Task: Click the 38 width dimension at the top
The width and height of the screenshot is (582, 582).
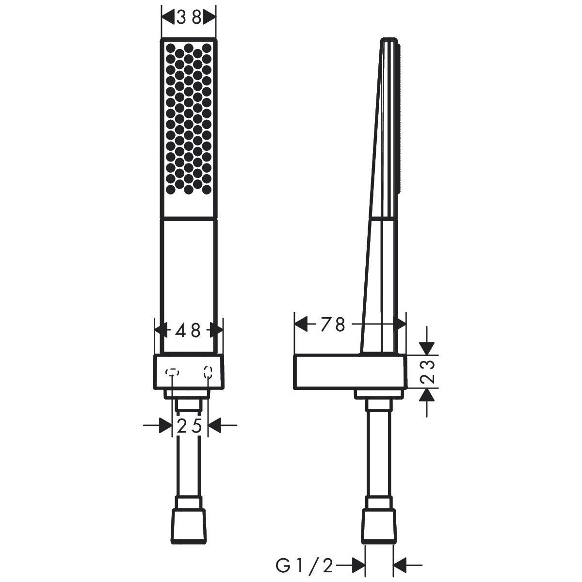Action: (189, 17)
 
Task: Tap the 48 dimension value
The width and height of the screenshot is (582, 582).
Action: (188, 331)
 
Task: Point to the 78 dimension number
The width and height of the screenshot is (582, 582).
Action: (333, 325)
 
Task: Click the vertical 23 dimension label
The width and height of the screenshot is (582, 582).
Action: (427, 372)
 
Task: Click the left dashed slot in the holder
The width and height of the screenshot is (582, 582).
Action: (172, 372)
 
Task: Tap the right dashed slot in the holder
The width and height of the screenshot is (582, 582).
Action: (208, 372)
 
